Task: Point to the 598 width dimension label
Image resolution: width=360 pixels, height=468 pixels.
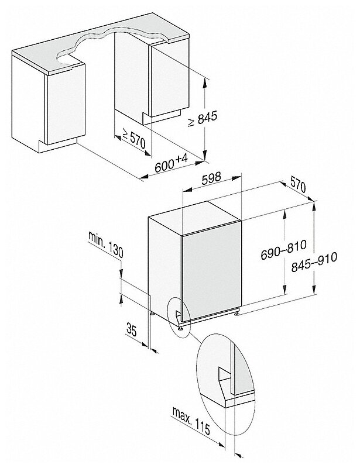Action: pos(210,182)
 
